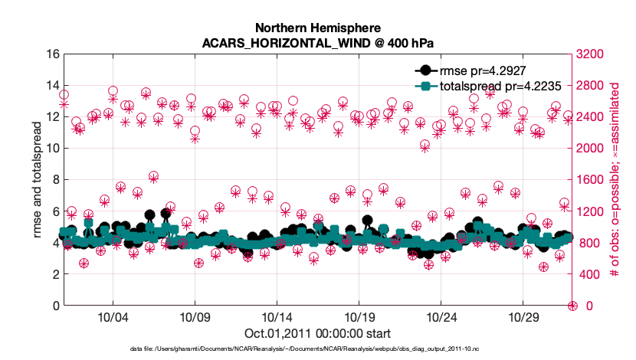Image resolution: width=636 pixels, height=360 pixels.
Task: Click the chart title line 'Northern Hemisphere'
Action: pos(318,26)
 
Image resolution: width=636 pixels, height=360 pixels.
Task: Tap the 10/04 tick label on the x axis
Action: pos(112,316)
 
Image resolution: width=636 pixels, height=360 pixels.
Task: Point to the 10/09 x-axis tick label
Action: pos(194,316)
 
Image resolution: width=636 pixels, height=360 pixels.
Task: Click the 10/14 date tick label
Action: pos(277,316)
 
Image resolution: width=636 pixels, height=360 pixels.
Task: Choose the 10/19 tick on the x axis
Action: pos(359,316)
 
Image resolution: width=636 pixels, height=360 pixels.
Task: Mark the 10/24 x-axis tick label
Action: pos(441,316)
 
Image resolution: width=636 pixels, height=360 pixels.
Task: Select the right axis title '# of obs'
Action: pos(614,180)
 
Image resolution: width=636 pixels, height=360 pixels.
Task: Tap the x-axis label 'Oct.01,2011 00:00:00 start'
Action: pos(318,333)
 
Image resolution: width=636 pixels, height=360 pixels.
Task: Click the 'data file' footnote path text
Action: pos(318,349)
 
